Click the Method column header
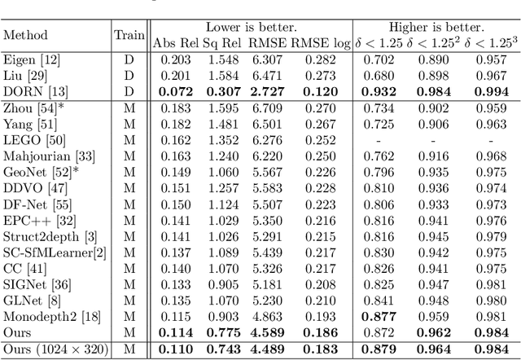coord(25,35)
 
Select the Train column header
coord(129,35)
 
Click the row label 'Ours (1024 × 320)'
coord(52,349)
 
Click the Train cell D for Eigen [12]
coord(129,59)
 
